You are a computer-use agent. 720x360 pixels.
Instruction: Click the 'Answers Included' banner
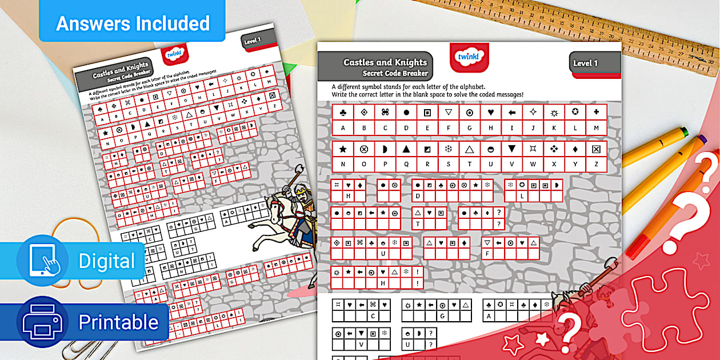pyautogui.click(x=133, y=23)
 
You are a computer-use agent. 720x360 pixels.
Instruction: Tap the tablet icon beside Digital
pyautogui.click(x=43, y=261)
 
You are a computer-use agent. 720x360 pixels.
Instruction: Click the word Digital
pyautogui.click(x=106, y=261)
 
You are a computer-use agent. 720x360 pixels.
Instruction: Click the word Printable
pyautogui.click(x=118, y=323)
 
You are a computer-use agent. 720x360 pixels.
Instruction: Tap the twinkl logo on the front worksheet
pyautogui.click(x=469, y=57)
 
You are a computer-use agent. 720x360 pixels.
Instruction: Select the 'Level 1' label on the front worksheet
pyautogui.click(x=586, y=63)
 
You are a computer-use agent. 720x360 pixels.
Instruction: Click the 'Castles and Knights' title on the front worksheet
pyautogui.click(x=385, y=62)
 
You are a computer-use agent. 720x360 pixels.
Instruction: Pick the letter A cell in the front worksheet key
pyautogui.click(x=343, y=128)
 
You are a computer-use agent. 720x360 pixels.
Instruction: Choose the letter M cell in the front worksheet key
pyautogui.click(x=596, y=128)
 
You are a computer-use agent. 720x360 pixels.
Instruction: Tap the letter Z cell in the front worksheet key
pyautogui.click(x=596, y=165)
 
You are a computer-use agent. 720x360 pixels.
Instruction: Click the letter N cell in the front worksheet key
pyautogui.click(x=343, y=165)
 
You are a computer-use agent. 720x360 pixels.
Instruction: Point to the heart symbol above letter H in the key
pyautogui.click(x=490, y=112)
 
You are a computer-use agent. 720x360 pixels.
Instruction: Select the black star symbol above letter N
pyautogui.click(x=343, y=149)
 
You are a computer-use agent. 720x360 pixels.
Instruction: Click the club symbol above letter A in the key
pyautogui.click(x=343, y=112)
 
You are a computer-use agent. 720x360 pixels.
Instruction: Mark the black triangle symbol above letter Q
pyautogui.click(x=406, y=149)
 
